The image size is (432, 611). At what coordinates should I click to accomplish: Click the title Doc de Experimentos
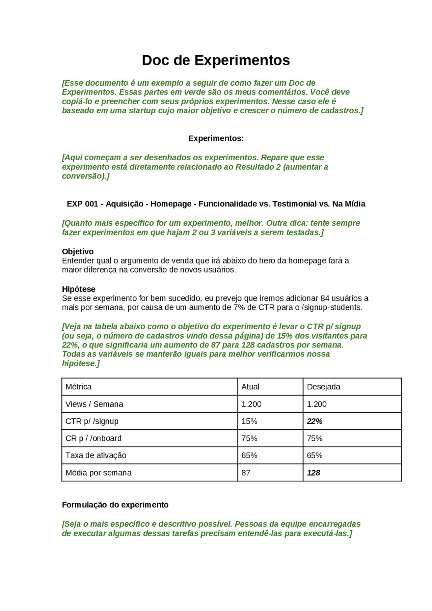216,60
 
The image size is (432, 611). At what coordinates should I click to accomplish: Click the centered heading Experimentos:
216,138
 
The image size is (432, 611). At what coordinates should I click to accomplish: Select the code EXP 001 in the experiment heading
82,204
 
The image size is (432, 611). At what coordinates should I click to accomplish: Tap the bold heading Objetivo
78,251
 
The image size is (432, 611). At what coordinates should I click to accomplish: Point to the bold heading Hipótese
79,289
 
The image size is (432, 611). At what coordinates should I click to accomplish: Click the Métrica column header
78,387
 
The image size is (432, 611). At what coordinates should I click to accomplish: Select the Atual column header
250,387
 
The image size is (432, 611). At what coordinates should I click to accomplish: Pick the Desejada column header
323,387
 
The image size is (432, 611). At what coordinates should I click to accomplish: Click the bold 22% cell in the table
315,421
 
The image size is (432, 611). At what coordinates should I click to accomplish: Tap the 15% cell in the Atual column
249,421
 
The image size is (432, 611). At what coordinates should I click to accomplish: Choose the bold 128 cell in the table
313,473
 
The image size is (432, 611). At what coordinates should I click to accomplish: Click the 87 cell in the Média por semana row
246,473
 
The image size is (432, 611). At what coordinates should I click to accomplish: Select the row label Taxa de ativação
96,455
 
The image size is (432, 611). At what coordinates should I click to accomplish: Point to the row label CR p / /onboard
93,438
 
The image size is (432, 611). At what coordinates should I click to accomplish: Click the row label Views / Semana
94,404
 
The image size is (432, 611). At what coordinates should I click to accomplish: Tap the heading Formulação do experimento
115,505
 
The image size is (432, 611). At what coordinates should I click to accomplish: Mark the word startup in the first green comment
142,111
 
